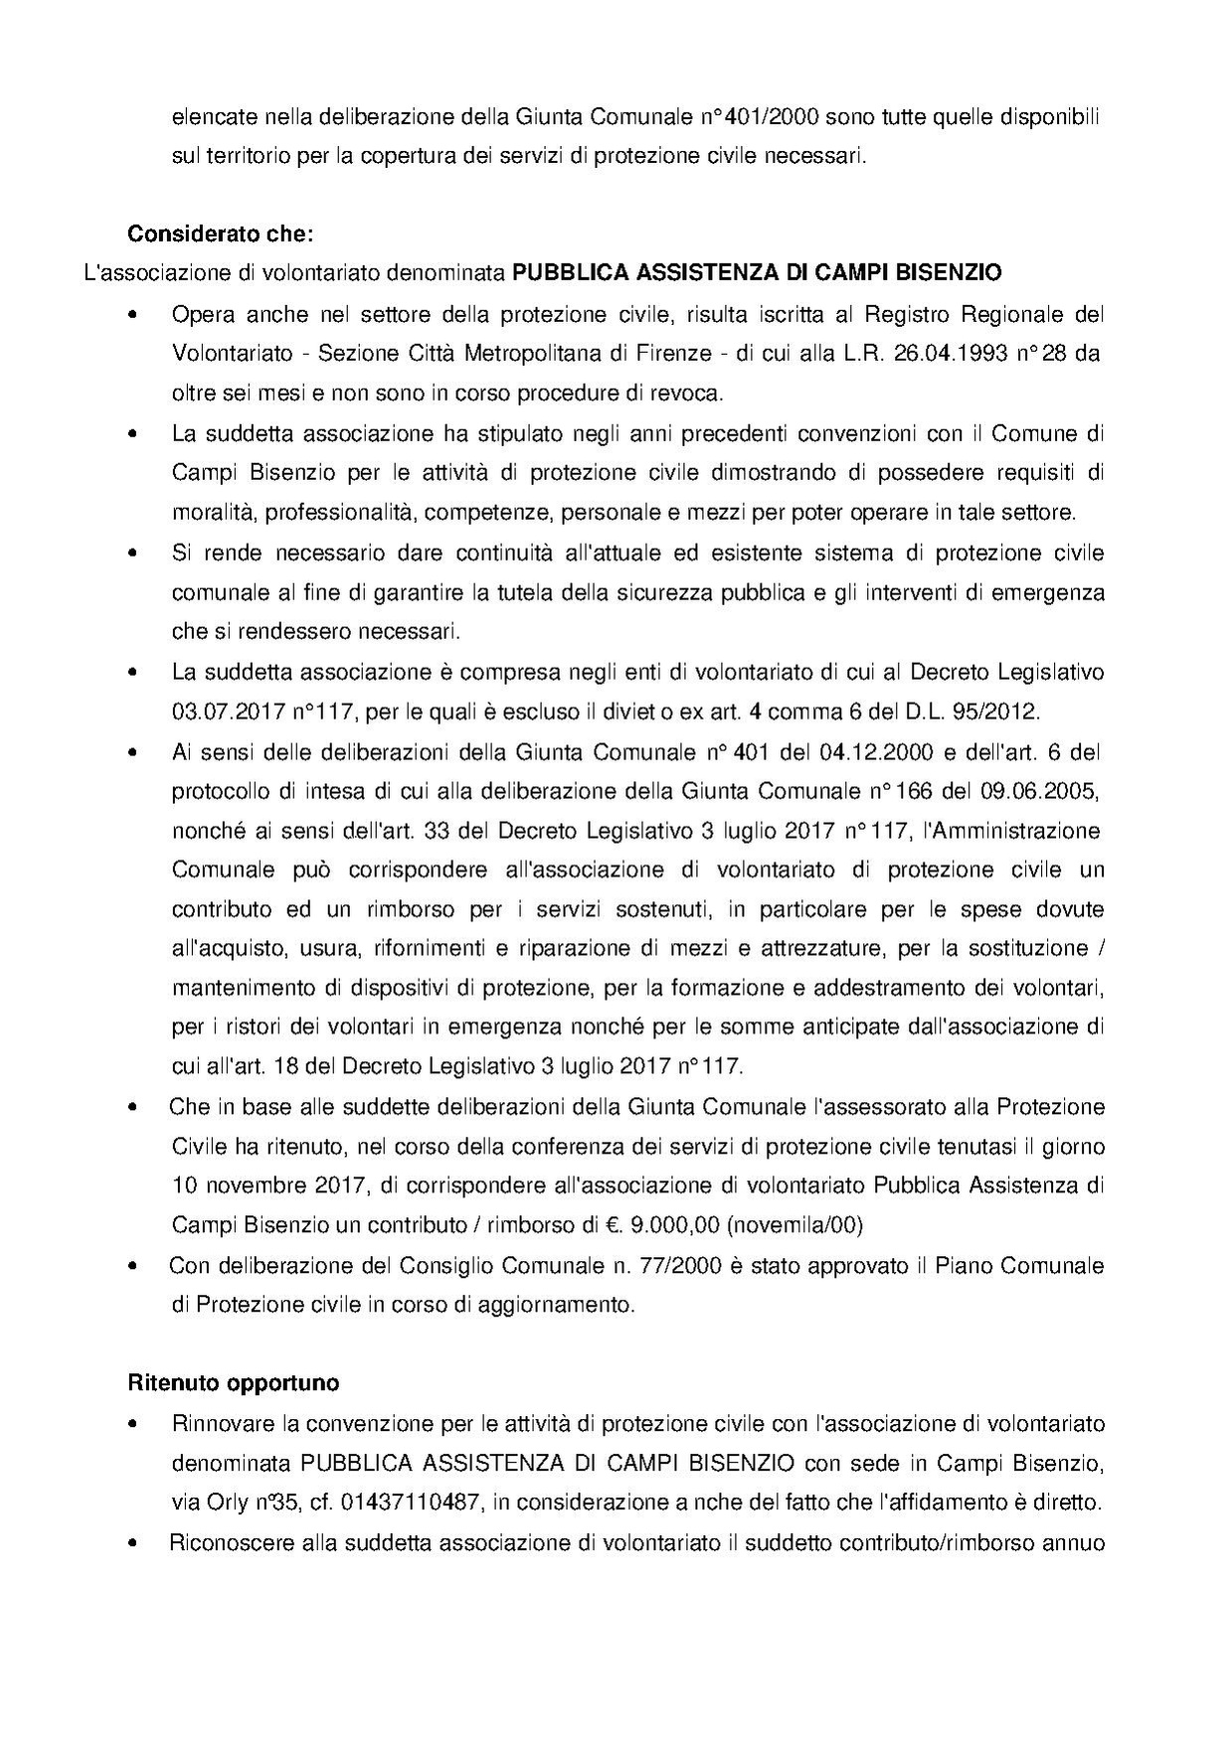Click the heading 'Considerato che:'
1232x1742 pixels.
coord(220,236)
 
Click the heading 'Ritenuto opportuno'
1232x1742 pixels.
coord(233,1383)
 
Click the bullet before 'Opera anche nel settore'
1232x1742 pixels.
coord(132,315)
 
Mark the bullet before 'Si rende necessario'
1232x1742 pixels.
coord(132,554)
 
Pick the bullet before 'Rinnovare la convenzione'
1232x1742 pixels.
coord(132,1424)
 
